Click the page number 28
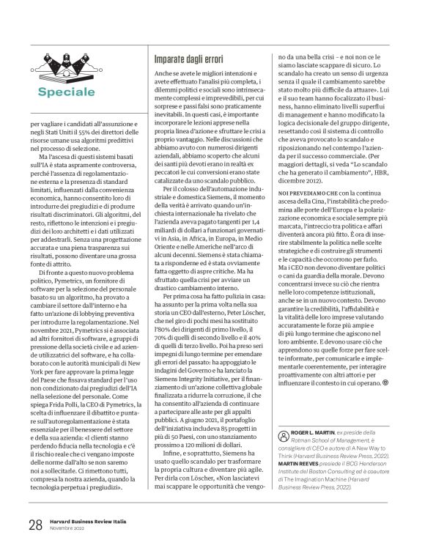coord(34,524)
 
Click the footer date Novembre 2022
coord(70,528)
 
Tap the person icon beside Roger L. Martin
coord(275,433)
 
